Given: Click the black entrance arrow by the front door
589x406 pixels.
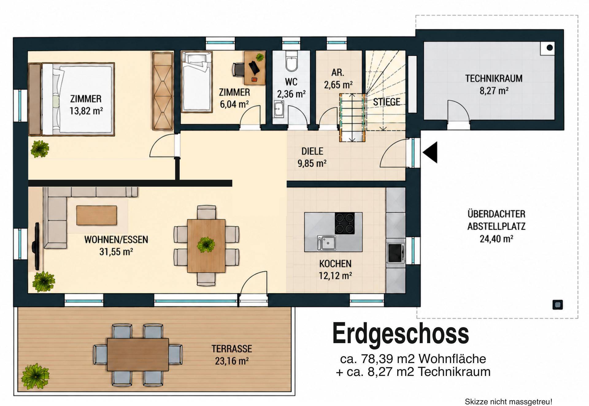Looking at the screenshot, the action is (430, 152).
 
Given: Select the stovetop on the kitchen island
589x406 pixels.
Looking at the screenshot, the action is (345, 223).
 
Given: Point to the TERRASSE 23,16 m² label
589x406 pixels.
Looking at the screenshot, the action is (232, 355).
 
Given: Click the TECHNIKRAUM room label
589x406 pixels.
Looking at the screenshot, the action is (494, 78).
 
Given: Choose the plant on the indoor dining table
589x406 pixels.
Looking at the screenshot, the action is (206, 245).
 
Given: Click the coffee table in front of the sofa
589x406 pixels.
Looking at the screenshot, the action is (97, 215).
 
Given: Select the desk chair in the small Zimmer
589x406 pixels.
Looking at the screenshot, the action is (238, 69).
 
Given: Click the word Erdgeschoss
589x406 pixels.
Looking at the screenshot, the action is (401, 334).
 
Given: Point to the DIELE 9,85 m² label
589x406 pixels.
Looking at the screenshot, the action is (312, 157).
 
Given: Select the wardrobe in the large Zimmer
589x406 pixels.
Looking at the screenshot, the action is (163, 91).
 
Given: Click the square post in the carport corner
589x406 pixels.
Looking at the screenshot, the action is (558, 305).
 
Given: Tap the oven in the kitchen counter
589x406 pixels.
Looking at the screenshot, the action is (395, 253).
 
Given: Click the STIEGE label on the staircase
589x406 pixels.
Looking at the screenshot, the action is (387, 102).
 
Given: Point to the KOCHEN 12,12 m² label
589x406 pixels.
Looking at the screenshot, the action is (335, 270).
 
